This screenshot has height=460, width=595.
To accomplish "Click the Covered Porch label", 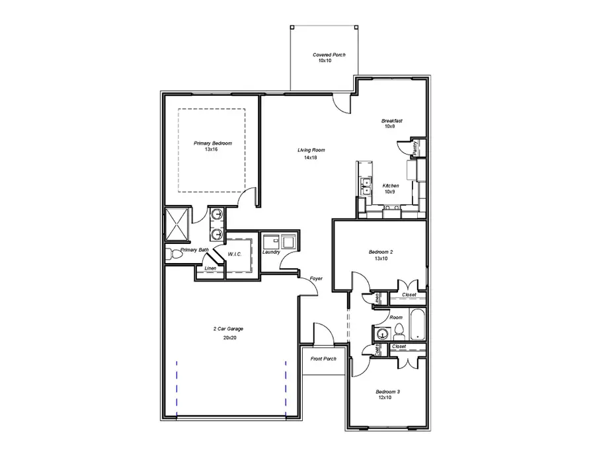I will (x=329, y=55).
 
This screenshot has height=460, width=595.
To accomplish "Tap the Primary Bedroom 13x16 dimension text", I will (x=211, y=150).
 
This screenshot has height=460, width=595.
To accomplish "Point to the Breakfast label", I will (x=392, y=121).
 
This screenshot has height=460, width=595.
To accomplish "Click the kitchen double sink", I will (x=364, y=186).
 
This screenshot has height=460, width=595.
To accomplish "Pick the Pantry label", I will (x=415, y=147).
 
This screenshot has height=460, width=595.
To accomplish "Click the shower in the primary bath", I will (x=177, y=225).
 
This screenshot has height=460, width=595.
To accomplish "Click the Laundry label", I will (x=271, y=252).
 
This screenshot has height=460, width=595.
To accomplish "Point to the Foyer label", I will (x=316, y=279).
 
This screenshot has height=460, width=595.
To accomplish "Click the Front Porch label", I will (x=323, y=359).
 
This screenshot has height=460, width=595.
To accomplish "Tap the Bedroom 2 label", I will (x=381, y=252).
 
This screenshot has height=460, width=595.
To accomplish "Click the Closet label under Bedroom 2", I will (x=409, y=295).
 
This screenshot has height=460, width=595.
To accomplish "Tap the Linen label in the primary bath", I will (x=210, y=268).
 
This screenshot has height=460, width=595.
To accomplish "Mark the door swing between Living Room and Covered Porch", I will (x=341, y=103).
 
